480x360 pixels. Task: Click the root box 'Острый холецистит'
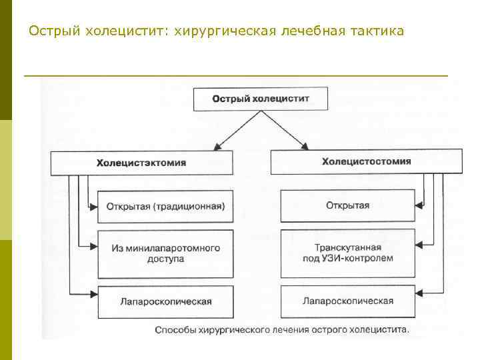[261, 99]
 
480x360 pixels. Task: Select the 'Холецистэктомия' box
[141, 163]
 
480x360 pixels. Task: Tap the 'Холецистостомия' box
[366, 161]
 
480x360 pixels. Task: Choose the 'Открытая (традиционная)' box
[165, 206]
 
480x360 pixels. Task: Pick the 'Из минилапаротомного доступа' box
[165, 253]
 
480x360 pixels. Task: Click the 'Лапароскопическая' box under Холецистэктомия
[165, 301]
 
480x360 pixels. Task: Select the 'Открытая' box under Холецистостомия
[347, 205]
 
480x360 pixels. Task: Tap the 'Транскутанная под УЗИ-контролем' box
[347, 253]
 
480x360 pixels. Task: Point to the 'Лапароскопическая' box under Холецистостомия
[347, 301]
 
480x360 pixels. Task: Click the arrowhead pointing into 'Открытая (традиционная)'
[93, 206]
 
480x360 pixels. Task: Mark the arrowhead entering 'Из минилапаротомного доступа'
[93, 247]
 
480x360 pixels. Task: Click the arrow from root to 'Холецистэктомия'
[235, 131]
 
